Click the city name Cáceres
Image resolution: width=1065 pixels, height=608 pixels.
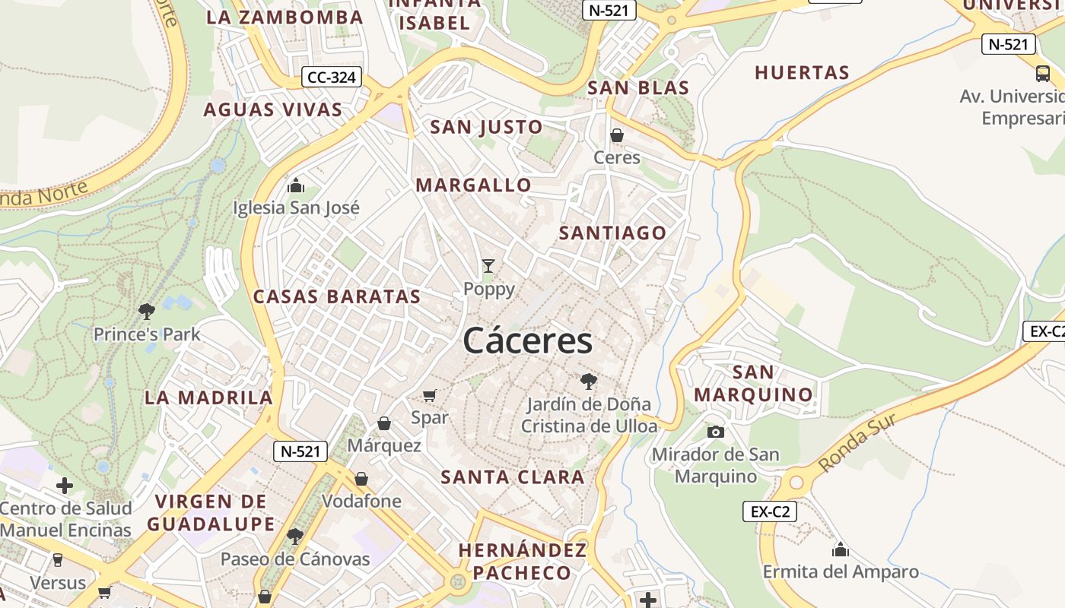click(x=527, y=340)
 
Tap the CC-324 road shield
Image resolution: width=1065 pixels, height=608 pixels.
click(x=332, y=77)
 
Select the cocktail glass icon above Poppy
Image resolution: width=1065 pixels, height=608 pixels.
click(x=488, y=266)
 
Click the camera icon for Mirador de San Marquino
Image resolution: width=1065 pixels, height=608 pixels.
click(x=716, y=432)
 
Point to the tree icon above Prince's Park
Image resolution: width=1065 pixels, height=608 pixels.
click(x=146, y=310)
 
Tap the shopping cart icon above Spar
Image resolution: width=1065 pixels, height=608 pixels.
click(x=430, y=395)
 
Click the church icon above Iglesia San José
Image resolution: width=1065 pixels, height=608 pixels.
click(x=296, y=185)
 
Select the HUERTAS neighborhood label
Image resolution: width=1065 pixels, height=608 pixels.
click(x=802, y=73)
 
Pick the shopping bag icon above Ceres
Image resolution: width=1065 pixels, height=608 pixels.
click(x=617, y=135)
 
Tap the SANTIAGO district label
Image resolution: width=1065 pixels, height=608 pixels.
click(x=612, y=233)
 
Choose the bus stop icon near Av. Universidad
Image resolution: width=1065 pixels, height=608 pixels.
click(x=1043, y=74)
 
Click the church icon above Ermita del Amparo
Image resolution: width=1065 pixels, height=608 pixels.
click(x=841, y=549)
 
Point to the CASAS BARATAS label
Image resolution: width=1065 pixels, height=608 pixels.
click(x=337, y=297)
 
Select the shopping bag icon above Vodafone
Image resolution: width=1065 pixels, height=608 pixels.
click(x=361, y=479)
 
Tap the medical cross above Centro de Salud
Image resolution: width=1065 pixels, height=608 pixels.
click(x=65, y=485)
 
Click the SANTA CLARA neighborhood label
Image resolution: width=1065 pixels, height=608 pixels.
click(x=513, y=477)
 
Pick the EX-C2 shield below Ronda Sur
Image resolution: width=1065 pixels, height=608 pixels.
click(x=770, y=511)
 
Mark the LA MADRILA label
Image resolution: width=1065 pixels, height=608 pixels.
click(x=208, y=397)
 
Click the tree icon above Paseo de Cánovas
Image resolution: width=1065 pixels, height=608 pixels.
click(x=294, y=537)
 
